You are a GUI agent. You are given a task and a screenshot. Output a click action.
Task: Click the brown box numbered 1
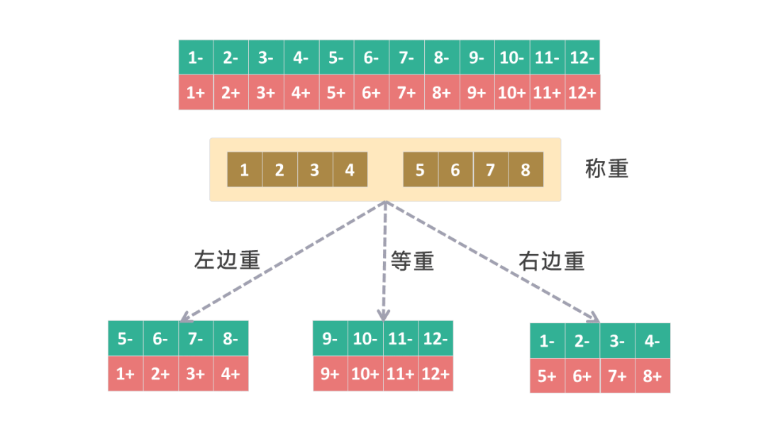pyautogui.click(x=245, y=170)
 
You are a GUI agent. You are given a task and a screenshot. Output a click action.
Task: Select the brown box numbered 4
pyautogui.click(x=350, y=170)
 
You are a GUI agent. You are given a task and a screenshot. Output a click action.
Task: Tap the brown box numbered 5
pyautogui.click(x=421, y=170)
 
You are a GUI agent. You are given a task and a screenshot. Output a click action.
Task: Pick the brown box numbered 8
pyautogui.click(x=526, y=170)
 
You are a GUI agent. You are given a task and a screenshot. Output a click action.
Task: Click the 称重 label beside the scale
pyautogui.click(x=606, y=169)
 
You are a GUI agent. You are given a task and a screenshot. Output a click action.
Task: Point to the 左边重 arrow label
pyautogui.click(x=227, y=261)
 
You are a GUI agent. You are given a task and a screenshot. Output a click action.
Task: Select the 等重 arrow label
pyautogui.click(x=412, y=262)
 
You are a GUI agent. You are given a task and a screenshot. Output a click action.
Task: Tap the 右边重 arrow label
pyautogui.click(x=551, y=262)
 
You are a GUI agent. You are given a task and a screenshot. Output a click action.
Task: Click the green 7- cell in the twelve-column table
pyautogui.click(x=406, y=57)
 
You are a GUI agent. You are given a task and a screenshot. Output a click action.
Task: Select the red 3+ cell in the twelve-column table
pyautogui.click(x=266, y=92)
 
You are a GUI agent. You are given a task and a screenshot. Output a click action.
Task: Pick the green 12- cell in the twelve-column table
pyautogui.click(x=582, y=57)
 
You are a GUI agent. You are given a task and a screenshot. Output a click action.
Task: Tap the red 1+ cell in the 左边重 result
pyautogui.click(x=126, y=373)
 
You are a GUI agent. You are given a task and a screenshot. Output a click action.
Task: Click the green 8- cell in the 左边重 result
pyautogui.click(x=231, y=339)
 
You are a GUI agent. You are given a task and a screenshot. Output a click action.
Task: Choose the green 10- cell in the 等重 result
pyautogui.click(x=365, y=338)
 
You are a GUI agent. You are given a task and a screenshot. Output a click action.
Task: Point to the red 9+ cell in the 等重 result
pyautogui.click(x=331, y=373)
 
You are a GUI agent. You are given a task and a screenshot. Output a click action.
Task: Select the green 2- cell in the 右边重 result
pyautogui.click(x=582, y=341)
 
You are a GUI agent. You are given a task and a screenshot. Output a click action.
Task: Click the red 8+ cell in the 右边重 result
pyautogui.click(x=653, y=376)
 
